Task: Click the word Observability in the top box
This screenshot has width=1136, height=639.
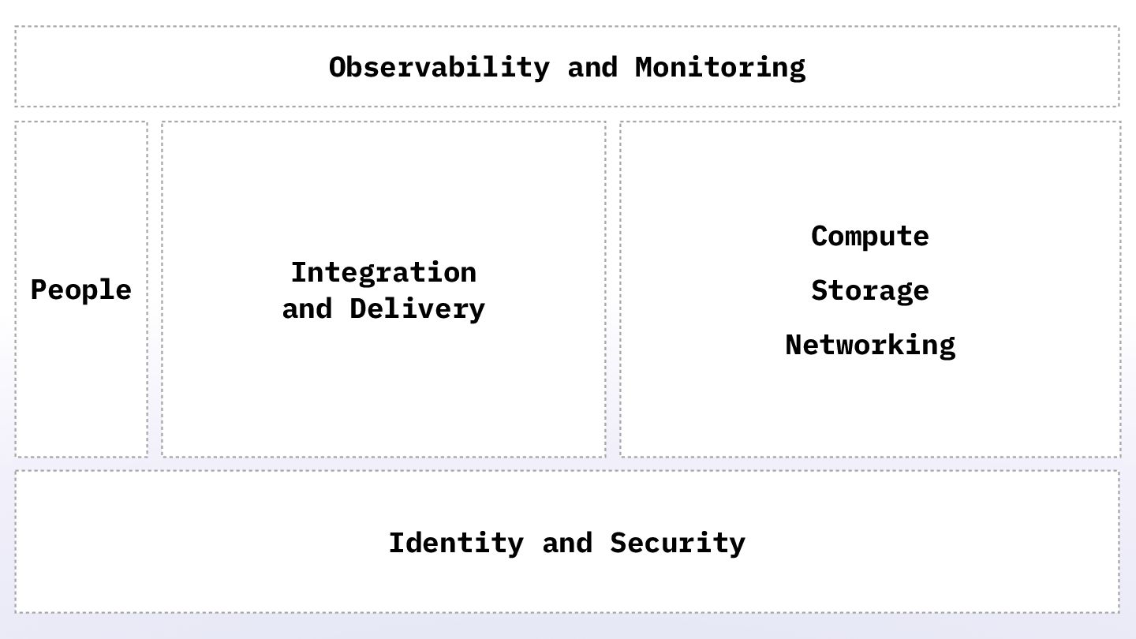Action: coord(439,67)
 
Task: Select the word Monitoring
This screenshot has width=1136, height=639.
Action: coord(719,67)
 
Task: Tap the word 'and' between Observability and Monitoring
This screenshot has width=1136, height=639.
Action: coord(592,67)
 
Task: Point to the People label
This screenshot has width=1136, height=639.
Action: coord(80,290)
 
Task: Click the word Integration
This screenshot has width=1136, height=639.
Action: coord(383,272)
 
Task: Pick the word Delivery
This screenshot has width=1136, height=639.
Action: coord(417,308)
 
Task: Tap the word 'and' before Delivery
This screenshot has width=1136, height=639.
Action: coord(307,308)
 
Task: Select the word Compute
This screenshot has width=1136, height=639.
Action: coord(869,236)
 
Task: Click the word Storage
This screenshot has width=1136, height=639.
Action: coord(869,290)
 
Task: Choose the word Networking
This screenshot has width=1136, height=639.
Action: coord(869,345)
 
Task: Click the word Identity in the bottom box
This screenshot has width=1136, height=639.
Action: coord(455,543)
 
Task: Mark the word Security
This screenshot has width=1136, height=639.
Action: coord(677,543)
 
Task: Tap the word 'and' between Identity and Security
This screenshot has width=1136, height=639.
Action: coord(566,543)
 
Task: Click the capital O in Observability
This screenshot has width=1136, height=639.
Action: coord(338,67)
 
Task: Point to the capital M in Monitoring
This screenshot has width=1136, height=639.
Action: coord(644,67)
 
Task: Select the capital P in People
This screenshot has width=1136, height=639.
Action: coord(39,290)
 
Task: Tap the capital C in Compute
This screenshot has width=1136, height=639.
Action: coord(819,236)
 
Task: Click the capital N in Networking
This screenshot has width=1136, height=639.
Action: coord(794,345)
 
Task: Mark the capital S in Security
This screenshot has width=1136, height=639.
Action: coord(618,543)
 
